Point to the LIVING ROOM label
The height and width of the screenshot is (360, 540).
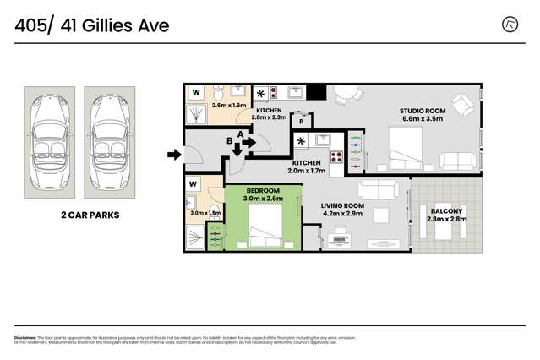pyautogui.click(x=342, y=205)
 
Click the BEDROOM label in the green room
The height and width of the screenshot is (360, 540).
pyautogui.click(x=262, y=191)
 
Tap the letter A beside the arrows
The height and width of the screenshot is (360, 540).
pyautogui.click(x=241, y=134)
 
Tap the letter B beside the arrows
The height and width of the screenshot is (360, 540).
pyautogui.click(x=229, y=141)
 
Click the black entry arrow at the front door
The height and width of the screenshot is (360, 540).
pyautogui.click(x=174, y=155)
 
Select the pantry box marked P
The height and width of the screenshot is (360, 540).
pyautogui.click(x=301, y=122)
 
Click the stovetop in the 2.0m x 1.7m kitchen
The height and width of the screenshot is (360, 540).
pyautogui.click(x=336, y=155)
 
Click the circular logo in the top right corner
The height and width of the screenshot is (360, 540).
pyautogui.click(x=510, y=25)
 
